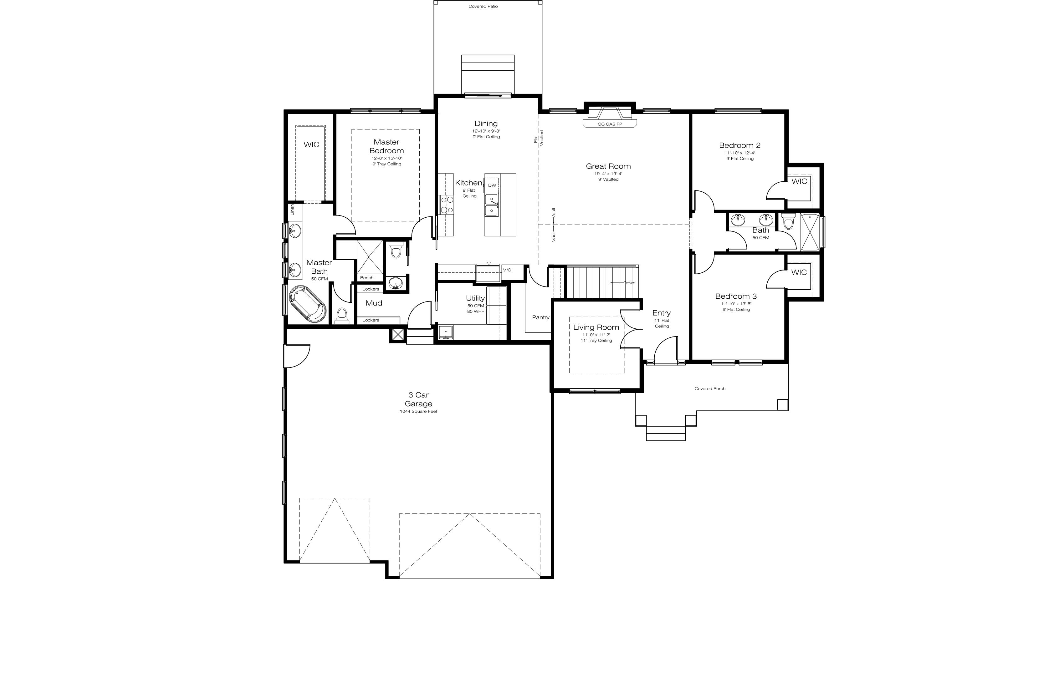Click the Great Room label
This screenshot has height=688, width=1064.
608,166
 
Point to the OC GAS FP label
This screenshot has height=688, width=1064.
610,124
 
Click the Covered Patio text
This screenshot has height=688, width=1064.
483,6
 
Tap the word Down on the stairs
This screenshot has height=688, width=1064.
629,283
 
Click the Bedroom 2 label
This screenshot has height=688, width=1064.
739,145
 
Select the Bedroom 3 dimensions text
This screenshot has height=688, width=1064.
736,304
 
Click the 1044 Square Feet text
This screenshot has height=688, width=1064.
418,412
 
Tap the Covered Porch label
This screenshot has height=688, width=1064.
710,389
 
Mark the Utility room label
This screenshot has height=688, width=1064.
475,298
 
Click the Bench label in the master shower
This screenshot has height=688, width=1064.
366,278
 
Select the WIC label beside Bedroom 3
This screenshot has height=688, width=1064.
799,272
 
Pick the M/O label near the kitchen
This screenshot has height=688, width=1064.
507,270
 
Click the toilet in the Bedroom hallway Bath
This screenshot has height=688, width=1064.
788,221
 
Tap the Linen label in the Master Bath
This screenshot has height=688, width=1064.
292,210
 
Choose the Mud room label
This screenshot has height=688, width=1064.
374,303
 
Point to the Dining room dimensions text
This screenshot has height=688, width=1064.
486,131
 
